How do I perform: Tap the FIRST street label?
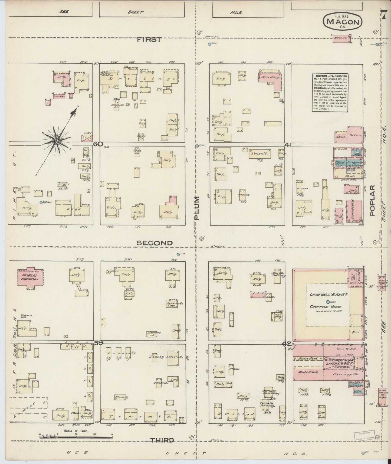149,40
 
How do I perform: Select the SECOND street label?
155,243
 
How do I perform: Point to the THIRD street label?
162,440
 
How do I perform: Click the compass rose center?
57,141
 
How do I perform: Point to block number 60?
97,144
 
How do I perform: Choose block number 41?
288,145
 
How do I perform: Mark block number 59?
98,343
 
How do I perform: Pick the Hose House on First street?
342,38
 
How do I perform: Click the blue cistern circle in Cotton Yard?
328,302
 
